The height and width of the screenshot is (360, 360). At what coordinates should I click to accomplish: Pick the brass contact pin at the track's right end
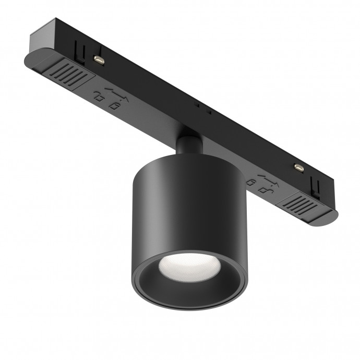pos(299,167)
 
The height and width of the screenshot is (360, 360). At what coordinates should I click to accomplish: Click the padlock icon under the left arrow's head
pos(113,106)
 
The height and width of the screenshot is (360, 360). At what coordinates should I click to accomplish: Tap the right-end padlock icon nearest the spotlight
pos(251,181)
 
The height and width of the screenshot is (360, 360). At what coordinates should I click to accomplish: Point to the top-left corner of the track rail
pos(52,23)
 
